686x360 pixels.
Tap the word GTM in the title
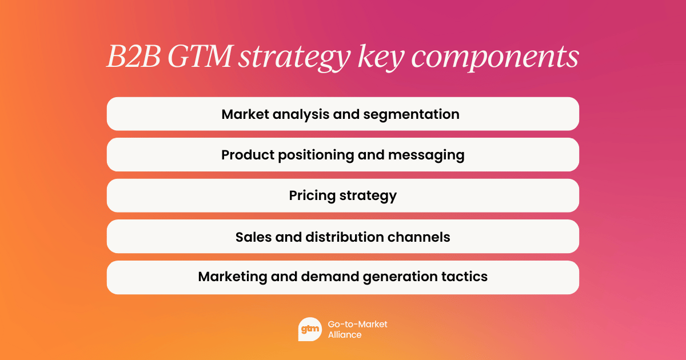point(200,58)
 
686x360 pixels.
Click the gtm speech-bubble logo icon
point(310,329)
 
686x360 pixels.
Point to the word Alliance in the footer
point(345,335)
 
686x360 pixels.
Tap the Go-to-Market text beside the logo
point(357,324)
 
